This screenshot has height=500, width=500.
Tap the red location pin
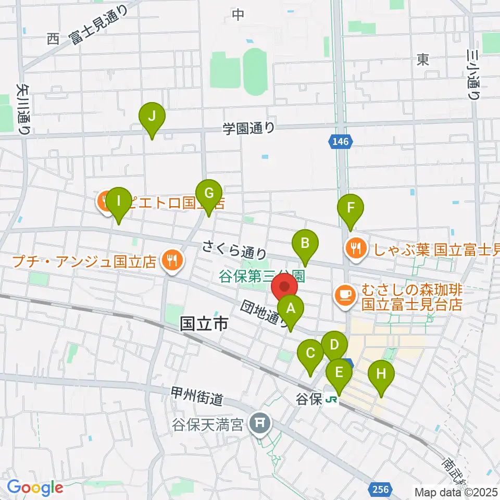pyautogui.click(x=285, y=288)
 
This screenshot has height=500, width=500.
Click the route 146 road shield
pyautogui.click(x=341, y=140)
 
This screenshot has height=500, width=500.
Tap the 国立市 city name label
pyautogui.click(x=204, y=324)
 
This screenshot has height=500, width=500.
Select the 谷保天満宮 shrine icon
pyautogui.click(x=259, y=422)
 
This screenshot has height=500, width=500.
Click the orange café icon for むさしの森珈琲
pyautogui.click(x=345, y=295)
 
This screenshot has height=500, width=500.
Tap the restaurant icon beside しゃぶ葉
pyautogui.click(x=356, y=248)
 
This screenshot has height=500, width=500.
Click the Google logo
pyautogui.click(x=35, y=488)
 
